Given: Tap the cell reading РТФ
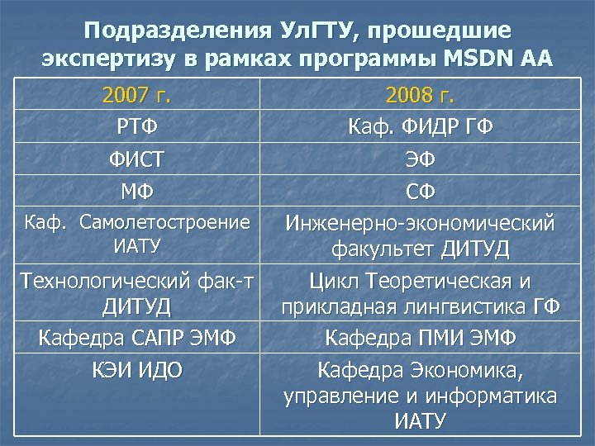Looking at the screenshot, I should pos(137,127).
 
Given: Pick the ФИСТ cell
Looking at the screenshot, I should pos(137,159).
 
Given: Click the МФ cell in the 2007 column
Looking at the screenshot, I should pos(137,192).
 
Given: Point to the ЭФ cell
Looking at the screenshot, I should pos(421,159).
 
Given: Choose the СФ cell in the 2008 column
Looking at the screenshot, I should pos(421,192).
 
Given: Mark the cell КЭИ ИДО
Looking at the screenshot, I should pos(137,368).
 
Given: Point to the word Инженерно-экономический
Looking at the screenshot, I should pos(421,223).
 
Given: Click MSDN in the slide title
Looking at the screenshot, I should pos(471,59).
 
